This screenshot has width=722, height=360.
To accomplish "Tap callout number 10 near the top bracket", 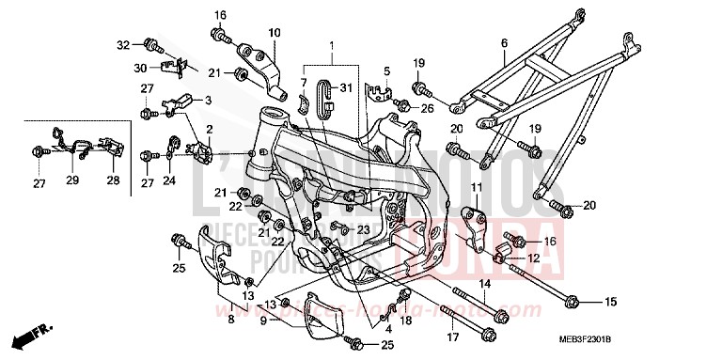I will pos(275,33).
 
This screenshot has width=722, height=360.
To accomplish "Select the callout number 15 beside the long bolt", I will pos(609,302).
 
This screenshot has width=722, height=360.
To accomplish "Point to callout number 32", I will pos(123,44).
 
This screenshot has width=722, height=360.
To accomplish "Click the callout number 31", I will pos(346,88).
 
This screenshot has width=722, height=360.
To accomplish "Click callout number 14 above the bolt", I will pos(485,283).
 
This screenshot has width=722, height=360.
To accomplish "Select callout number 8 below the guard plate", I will pos(230,320).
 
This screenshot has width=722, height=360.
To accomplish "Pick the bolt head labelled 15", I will pos(573,302).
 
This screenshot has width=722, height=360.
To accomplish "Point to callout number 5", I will pos(385,70).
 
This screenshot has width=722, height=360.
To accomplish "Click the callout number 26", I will pos(428,108).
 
